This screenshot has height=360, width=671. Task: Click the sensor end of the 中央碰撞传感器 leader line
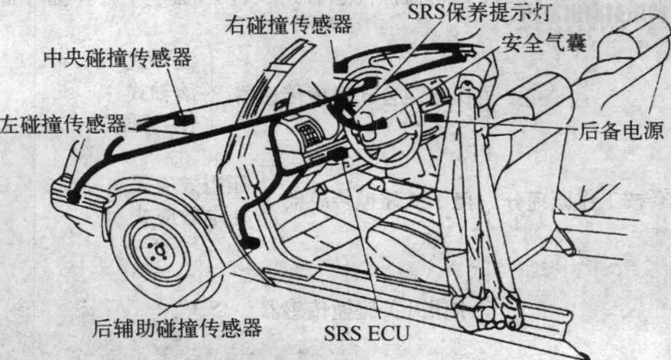pos(180,114)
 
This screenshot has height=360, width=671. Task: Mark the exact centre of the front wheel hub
pos(157,250)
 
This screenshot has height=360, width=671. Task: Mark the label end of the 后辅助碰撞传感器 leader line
pos(164,311)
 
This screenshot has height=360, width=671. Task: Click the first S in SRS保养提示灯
pos(414,12)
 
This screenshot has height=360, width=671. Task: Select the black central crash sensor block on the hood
pos(184,119)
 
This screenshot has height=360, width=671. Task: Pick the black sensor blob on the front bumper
pos(74,197)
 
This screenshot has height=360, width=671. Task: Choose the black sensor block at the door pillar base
pos(250,243)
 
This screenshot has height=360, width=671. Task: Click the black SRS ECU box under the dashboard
pos(340,154)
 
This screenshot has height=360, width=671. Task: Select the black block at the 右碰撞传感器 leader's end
pos(340,67)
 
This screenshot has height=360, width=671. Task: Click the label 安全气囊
pos(544,43)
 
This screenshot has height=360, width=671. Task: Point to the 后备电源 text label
pos(621,130)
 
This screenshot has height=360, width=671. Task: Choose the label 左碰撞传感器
pos(63,125)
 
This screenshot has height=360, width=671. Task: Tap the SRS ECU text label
pos(367,333)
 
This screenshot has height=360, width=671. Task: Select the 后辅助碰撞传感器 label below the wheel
pos(177,328)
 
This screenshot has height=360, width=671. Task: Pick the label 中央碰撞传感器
pos(118,58)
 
